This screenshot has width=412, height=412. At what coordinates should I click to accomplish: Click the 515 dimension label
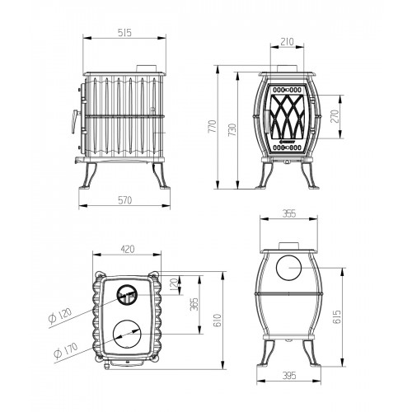pos(124,33)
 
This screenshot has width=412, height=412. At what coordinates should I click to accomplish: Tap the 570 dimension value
pos(125,200)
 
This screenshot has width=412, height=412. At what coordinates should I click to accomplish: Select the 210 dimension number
pos(288,41)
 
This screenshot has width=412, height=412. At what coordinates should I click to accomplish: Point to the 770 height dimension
pos(213,126)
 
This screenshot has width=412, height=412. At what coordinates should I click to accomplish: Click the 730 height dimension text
pos(232,130)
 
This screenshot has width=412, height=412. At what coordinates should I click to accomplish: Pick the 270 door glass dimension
pos(335,116)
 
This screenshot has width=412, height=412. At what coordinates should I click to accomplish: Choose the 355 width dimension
pos(289,213)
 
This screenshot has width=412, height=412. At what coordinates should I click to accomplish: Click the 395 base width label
pos(289,375)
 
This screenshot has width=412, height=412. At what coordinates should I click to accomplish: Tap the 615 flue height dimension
pos(337,316)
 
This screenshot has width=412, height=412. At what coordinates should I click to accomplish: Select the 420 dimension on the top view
pos(128,249)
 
